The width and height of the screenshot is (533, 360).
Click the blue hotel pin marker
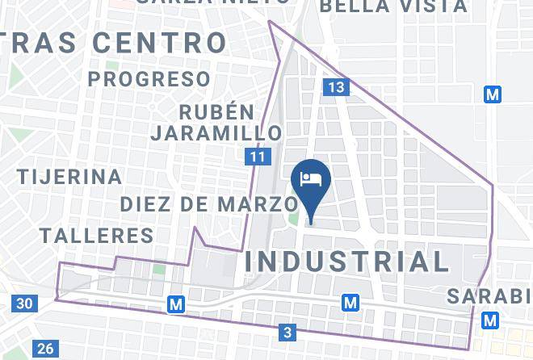(x=311, y=179)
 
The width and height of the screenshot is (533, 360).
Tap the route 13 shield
(x=337, y=86)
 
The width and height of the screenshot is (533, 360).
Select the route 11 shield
(x=258, y=157)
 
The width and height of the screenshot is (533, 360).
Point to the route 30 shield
(x=24, y=303)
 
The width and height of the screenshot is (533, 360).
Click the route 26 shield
(x=45, y=349)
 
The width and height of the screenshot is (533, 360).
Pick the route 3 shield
(x=288, y=331)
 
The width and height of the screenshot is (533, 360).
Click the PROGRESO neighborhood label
(x=149, y=79)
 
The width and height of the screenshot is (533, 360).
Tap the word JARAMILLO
(x=216, y=132)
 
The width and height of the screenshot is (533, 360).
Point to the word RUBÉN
(x=216, y=111)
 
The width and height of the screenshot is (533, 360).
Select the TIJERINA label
(x=70, y=176)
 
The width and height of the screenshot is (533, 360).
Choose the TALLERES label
(x=96, y=236)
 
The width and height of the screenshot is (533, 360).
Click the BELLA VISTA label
(x=393, y=6)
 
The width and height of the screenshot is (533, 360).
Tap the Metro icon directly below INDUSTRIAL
(x=350, y=303)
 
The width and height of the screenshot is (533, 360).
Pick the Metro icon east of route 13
(x=493, y=94)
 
